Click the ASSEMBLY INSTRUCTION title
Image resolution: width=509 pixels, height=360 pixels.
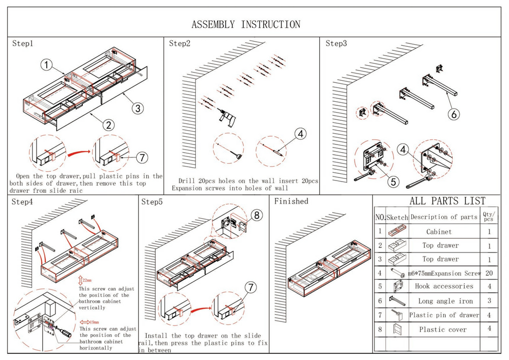point(246,24)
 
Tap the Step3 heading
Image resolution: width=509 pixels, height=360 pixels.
point(336,44)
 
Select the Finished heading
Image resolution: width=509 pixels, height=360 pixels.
point(291,201)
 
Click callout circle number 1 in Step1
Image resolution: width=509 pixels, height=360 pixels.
point(47,65)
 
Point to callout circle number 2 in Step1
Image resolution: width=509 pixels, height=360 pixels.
point(108,124)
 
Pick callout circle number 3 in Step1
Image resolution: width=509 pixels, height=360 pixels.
point(137,108)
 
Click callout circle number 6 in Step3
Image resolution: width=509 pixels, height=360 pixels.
point(454,114)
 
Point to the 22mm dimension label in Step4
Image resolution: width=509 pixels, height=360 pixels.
point(86,281)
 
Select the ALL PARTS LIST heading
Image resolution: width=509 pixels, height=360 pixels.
point(440,201)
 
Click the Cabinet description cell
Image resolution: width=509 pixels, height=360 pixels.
point(439,232)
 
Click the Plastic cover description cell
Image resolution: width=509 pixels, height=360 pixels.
point(443,329)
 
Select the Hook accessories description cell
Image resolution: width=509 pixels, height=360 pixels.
point(443,286)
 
